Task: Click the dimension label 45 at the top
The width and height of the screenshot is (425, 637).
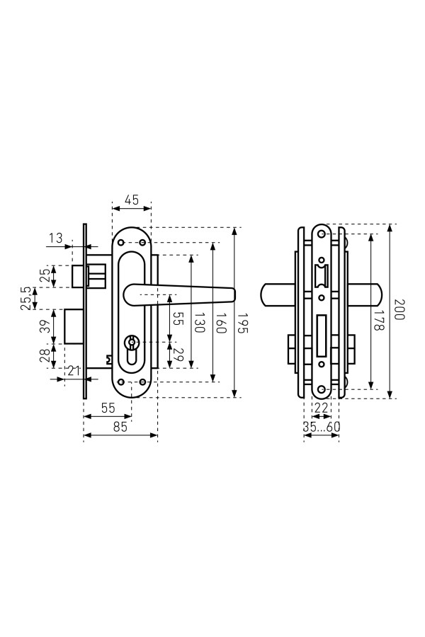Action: coord(131,200)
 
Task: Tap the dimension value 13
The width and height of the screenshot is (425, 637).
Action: coord(56,238)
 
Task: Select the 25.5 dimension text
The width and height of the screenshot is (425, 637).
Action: coord(25,298)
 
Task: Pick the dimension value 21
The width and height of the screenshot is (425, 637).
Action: coord(74,370)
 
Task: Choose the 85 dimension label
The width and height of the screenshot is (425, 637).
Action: coord(120,427)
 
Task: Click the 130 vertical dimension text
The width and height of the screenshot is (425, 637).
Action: coord(198,323)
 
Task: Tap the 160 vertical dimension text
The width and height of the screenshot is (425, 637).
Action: coord(220,323)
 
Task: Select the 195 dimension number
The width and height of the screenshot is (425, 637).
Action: coord(242,323)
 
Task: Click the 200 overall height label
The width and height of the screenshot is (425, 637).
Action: coord(399,309)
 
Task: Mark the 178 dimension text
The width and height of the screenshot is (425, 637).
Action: coord(379,320)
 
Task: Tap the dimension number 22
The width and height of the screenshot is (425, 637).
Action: coord(321,408)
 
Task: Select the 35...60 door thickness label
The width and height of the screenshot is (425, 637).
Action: coord(322,427)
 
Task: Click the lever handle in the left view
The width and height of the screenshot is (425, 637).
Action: coord(179,294)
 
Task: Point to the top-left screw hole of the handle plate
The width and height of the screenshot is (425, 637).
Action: coord(120,243)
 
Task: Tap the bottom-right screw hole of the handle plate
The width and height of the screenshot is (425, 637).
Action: coord(142,382)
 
